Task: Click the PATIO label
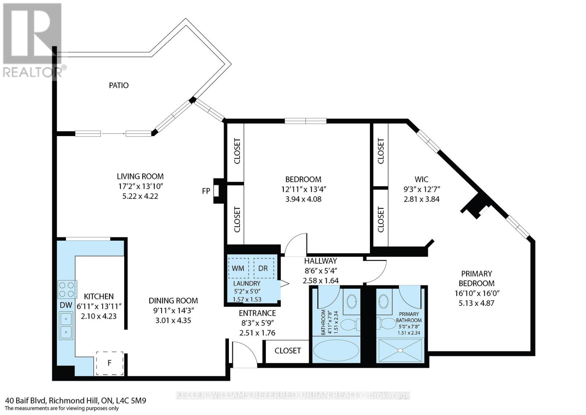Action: pos(119,85)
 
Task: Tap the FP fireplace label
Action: pos(206,191)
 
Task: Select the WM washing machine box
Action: pos(238,268)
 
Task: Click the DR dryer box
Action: pos(264,268)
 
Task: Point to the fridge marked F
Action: pos(110,363)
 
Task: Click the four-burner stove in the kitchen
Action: pos(67,290)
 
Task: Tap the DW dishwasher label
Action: pos(66,305)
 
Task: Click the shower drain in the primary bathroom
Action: pos(400,350)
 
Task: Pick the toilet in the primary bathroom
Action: pos(386,323)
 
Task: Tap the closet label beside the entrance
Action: pos(288,351)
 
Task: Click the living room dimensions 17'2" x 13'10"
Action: pos(140,186)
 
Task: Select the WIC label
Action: pos(422,179)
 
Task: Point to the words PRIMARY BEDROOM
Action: pos(476,279)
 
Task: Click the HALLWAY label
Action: pos(320,261)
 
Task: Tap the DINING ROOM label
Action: pos(173,301)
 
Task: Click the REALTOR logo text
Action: pos(33,72)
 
